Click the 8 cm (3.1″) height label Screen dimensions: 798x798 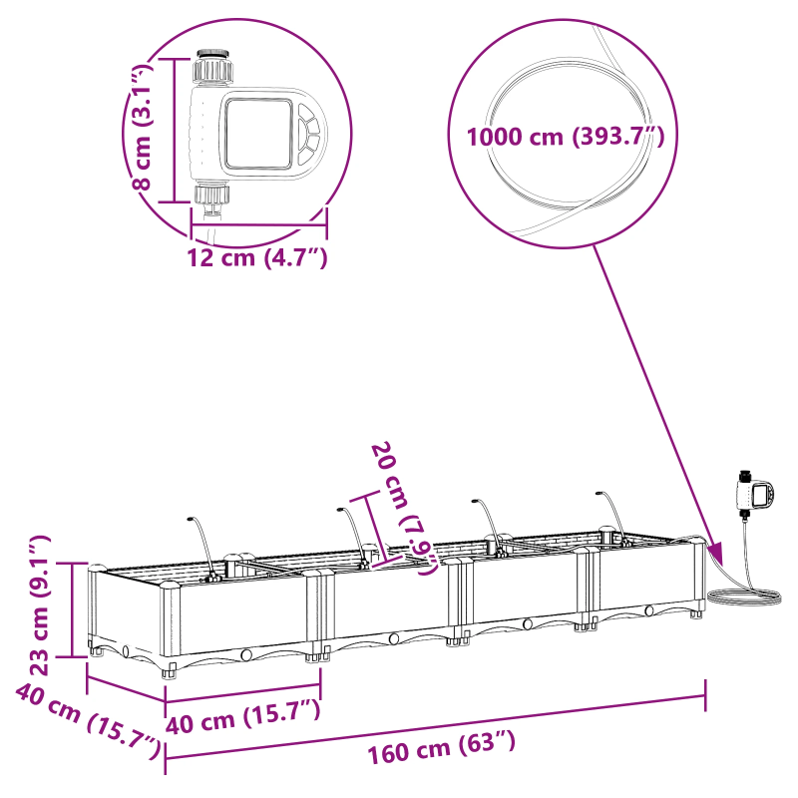pos(144,127)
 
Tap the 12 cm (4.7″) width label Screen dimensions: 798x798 pos(257,258)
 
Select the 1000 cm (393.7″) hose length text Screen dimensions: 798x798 pos(566,137)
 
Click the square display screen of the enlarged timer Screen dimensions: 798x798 pos(256,132)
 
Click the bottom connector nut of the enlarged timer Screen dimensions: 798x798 pos(211,194)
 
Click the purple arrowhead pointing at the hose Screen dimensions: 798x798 pos(714,552)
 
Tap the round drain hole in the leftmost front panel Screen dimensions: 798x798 pos(245,655)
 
